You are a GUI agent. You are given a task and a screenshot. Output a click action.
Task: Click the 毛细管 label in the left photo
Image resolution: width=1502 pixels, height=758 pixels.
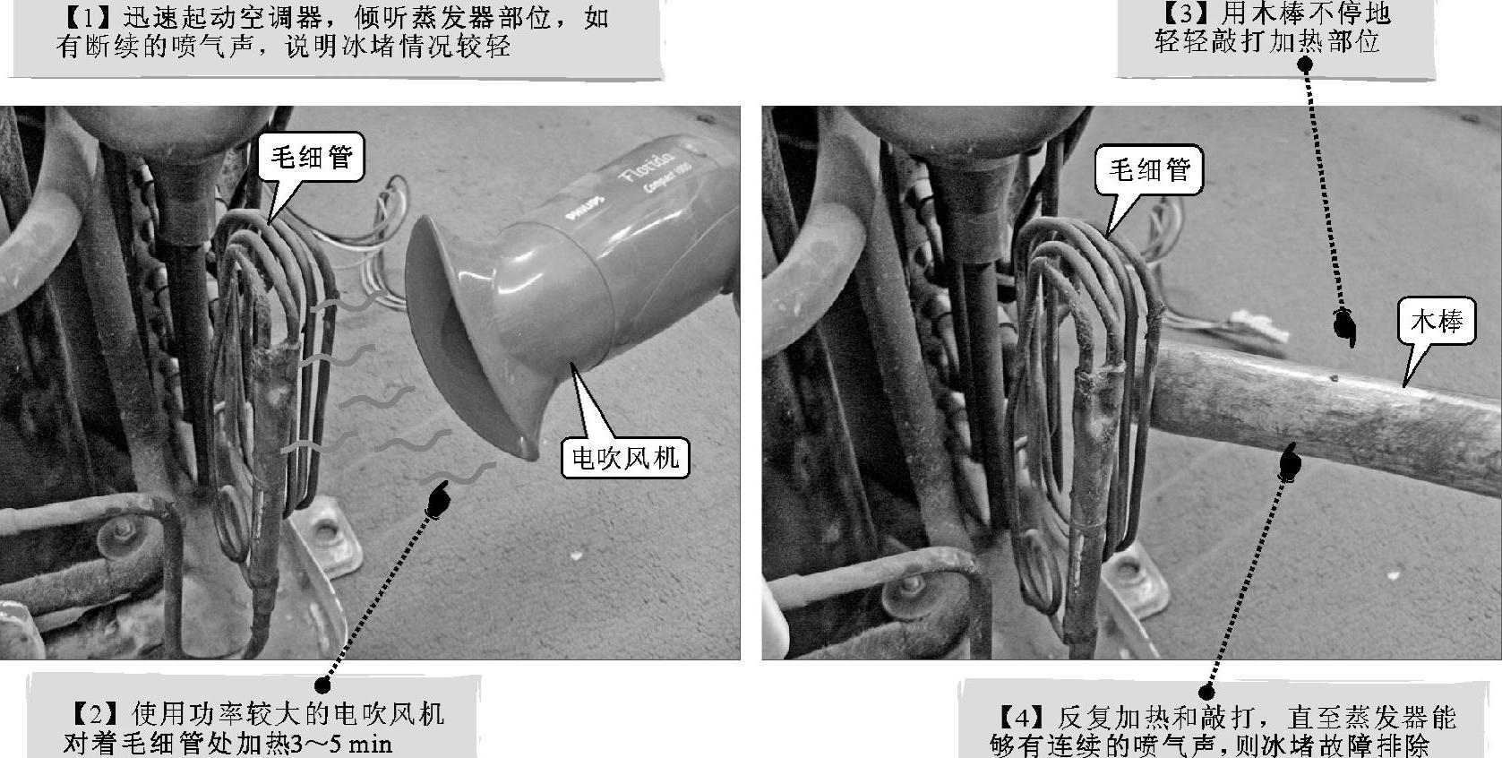click(x=311, y=158)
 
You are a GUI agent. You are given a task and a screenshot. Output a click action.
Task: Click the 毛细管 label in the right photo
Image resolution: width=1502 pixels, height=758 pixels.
click(x=1149, y=169)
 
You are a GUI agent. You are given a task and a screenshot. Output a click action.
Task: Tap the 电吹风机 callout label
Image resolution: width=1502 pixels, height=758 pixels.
click(x=625, y=459)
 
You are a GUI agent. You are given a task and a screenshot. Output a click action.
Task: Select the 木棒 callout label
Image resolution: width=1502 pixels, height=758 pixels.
click(x=1437, y=322)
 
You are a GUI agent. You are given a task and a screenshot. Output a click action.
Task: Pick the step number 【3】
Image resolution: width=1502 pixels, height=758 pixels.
click(x=1186, y=13)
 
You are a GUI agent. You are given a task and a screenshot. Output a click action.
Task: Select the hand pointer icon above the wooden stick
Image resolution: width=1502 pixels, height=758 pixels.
click(x=1343, y=327)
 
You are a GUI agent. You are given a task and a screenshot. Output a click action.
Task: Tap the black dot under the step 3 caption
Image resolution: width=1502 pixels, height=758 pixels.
click(x=1305, y=65)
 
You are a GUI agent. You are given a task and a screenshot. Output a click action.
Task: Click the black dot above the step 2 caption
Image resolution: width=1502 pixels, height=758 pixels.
click(x=322, y=685)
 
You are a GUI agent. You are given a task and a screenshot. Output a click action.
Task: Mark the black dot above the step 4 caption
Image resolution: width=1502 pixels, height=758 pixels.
click(x=1206, y=692)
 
